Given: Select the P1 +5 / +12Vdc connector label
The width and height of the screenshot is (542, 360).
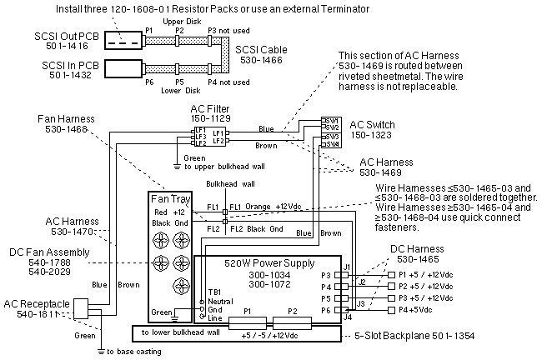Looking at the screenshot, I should tap(427, 274).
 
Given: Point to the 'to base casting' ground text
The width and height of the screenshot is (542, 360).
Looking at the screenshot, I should tap(133, 352).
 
